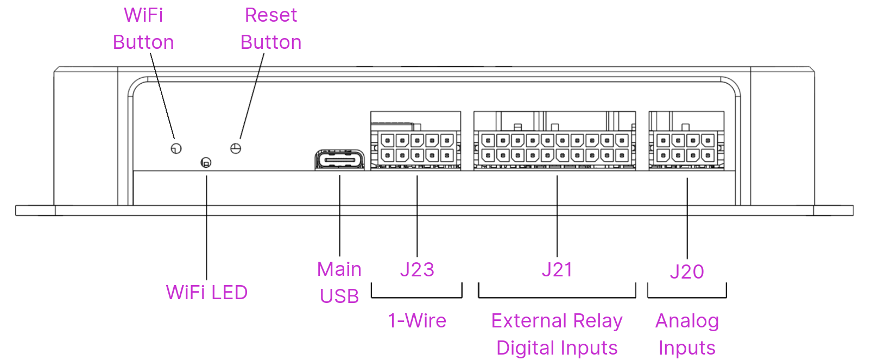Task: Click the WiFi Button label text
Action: pos(143,29)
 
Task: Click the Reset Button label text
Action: pos(271,29)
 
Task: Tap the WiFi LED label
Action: pos(207,293)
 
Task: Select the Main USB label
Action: pos(339,282)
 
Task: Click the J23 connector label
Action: pos(417,270)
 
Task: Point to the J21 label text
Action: pos(557,270)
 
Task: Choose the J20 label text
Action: pos(687,271)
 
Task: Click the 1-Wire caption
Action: pos(417,321)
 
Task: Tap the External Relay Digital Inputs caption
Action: pos(557,334)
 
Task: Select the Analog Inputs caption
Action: pos(687,334)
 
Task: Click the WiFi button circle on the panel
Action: pos(176,148)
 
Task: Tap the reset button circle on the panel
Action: pos(236,148)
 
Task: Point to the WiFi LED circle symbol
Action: pos(206,162)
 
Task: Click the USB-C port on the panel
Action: pos(339,160)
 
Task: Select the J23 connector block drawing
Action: pos(416,142)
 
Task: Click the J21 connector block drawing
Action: pos(554,142)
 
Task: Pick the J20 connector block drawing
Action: pos(686,142)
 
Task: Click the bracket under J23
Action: pos(417,296)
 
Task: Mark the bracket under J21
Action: pos(557,296)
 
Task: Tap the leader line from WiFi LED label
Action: pos(206,228)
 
